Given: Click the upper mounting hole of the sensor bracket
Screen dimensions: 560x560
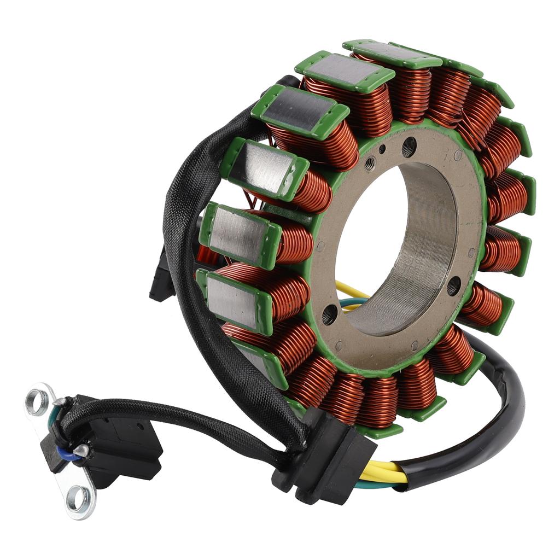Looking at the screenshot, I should coord(37,402).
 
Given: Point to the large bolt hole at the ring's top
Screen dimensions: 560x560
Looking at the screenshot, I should coord(409,147).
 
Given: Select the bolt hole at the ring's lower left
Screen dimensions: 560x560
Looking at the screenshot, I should coord(330,314).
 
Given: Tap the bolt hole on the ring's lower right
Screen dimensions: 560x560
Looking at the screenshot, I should coord(453,285).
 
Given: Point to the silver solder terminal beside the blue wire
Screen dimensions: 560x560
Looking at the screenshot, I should coord(81,450).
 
